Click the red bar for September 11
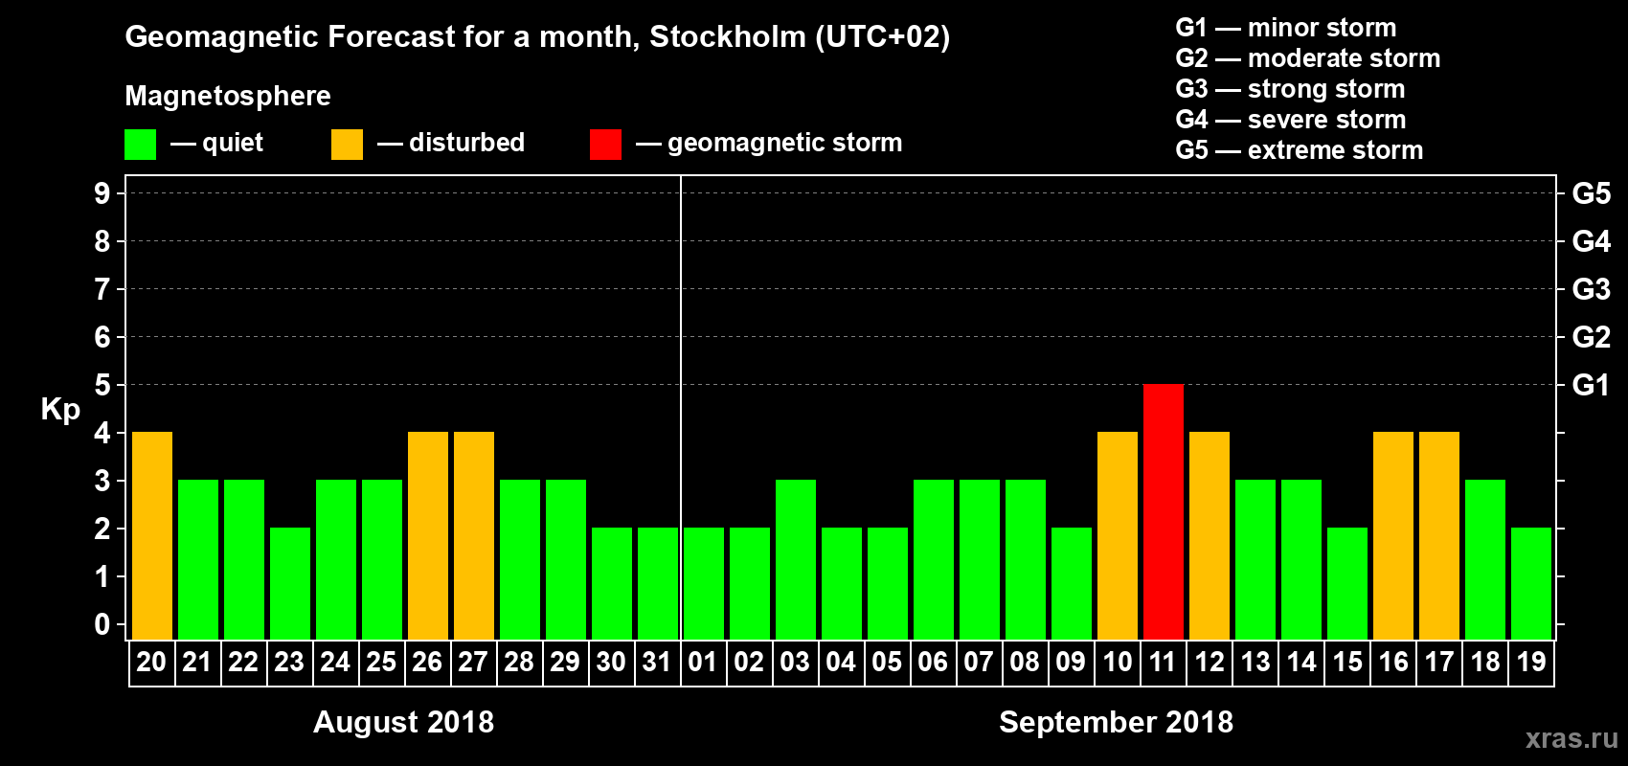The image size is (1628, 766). (1164, 511)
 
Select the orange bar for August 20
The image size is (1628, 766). (152, 535)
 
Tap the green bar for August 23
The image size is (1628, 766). (290, 583)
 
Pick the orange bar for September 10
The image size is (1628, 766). (1118, 535)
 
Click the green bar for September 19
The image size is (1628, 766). (1531, 583)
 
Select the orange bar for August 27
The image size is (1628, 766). (474, 535)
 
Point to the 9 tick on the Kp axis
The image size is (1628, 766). (102, 193)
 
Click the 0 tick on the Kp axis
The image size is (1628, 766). (102, 624)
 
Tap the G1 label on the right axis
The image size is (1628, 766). (1591, 385)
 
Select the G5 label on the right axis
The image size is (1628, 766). (1591, 193)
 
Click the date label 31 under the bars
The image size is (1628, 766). (657, 662)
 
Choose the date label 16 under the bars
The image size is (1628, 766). (1393, 662)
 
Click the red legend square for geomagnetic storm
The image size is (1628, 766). (605, 145)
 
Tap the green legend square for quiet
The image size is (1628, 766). (141, 145)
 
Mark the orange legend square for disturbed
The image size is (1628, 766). (347, 145)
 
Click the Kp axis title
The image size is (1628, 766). (60, 409)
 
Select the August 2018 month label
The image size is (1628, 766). (403, 722)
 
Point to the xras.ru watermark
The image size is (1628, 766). (1571, 737)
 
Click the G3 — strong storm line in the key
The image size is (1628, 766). (1290, 89)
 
